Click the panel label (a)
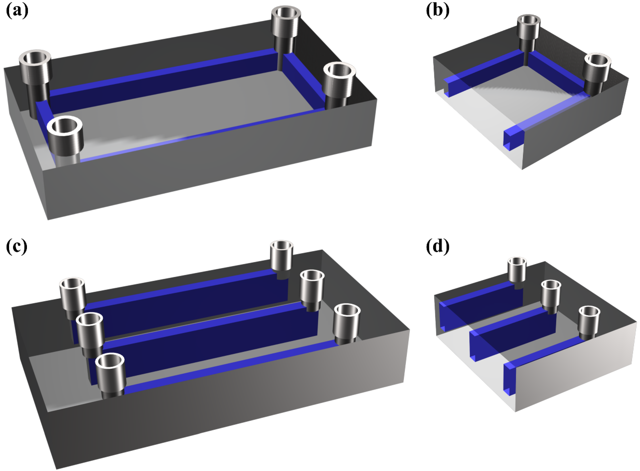[x=17, y=11]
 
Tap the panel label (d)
[x=437, y=247]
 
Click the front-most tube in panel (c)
[x=110, y=375]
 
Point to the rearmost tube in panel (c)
[x=281, y=257]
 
